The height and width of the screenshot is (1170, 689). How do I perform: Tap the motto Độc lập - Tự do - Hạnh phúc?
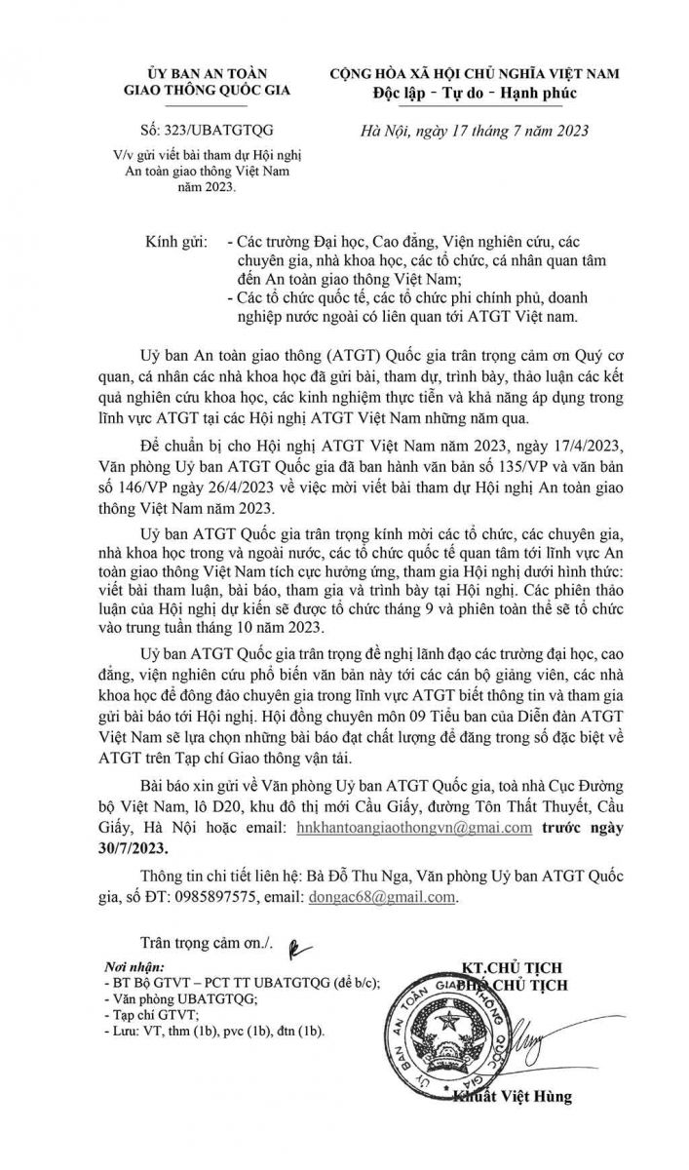tap(475, 94)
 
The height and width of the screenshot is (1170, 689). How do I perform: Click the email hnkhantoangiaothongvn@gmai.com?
tap(404, 827)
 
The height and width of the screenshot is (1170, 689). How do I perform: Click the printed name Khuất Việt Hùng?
tap(513, 1096)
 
